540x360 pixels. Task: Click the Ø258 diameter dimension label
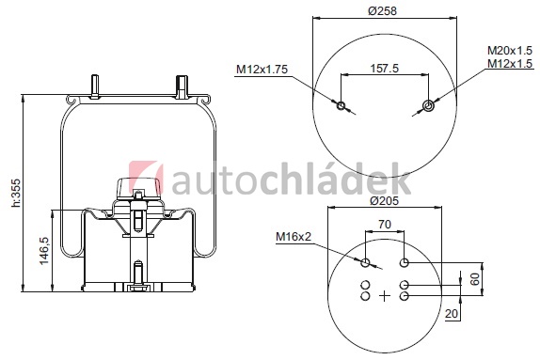pos(382,11)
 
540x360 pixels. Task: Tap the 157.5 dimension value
pos(385,68)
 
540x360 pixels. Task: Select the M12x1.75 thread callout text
pos(262,70)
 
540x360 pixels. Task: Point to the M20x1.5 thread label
pos(510,51)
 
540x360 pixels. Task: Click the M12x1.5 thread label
pos(510,64)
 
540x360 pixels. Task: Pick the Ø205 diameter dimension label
pos(385,200)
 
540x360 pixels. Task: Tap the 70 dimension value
pos(385,225)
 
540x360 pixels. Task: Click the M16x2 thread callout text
pos(294,237)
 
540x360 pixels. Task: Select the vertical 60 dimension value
pos(474,279)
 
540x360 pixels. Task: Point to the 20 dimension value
pos(452,314)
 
